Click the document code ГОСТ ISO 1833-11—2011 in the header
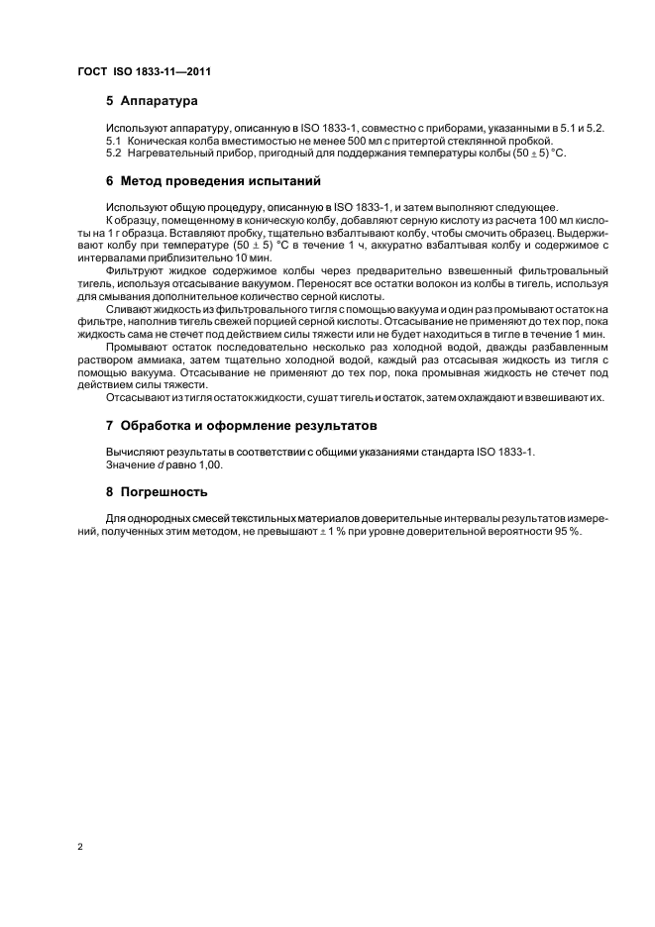pos(145,72)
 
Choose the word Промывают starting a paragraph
pos(138,351)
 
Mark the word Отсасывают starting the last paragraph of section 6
pos(138,398)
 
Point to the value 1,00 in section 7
pos(210,463)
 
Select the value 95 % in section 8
pos(569,531)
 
